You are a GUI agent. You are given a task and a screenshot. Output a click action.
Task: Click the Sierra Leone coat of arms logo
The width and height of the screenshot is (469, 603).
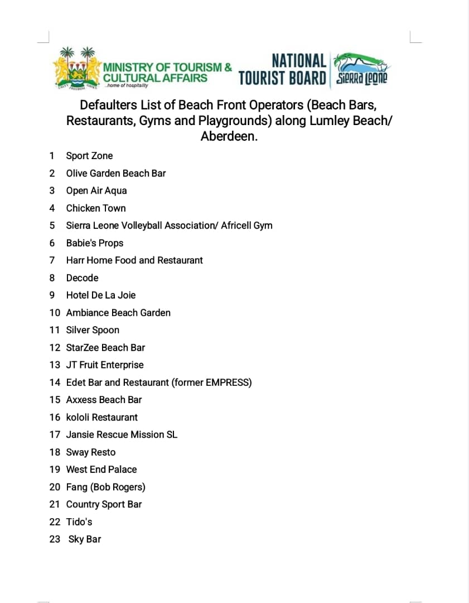(76, 70)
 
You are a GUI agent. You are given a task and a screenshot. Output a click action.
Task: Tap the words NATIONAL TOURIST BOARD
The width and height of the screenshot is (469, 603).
(282, 70)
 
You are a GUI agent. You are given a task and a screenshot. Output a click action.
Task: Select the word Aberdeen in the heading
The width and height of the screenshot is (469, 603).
(229, 136)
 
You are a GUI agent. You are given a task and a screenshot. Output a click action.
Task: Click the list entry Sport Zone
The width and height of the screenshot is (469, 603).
(89, 156)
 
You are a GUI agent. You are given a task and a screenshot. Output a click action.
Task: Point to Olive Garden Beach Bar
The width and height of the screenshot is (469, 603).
(115, 173)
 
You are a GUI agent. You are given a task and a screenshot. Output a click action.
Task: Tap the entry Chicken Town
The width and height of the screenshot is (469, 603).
(96, 208)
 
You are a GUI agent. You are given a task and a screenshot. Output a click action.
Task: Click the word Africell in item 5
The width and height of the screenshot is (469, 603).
(237, 226)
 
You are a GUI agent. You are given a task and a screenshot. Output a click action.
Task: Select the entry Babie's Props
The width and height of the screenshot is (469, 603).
(95, 243)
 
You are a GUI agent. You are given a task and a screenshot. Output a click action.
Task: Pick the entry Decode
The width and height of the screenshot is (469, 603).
(82, 278)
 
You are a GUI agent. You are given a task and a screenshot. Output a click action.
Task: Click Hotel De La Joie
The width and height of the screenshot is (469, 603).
(101, 295)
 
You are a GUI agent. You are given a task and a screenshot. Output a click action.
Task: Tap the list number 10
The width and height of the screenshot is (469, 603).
(55, 313)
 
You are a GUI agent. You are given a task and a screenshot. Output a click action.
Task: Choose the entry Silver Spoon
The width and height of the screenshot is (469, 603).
(93, 330)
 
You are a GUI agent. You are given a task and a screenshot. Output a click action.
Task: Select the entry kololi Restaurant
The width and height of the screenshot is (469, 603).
(102, 417)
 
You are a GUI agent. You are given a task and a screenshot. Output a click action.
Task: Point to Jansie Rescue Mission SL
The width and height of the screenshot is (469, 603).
(122, 434)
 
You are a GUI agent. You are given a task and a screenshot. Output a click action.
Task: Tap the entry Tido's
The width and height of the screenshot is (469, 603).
(79, 521)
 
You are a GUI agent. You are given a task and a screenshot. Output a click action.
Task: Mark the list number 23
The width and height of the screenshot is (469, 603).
(55, 539)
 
